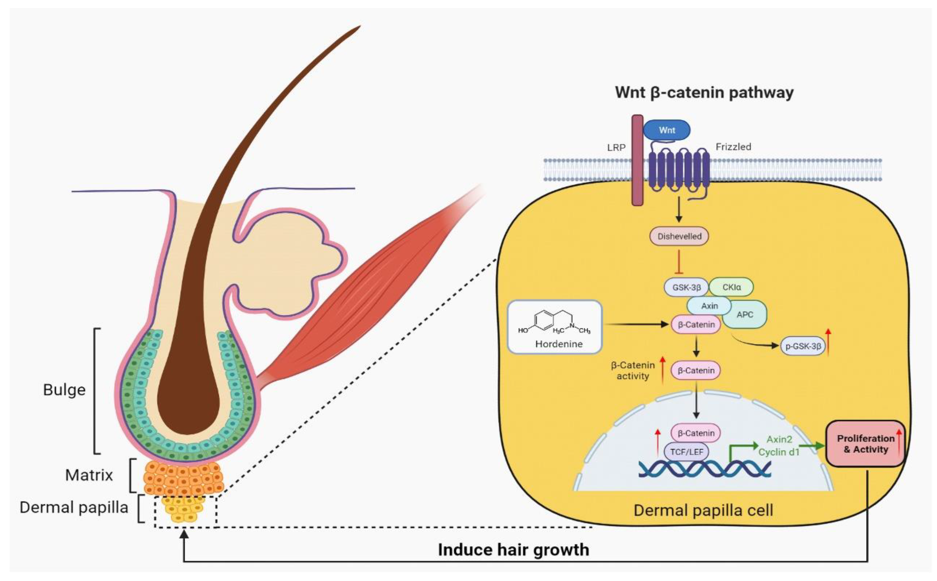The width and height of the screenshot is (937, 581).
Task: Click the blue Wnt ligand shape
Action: pos(667,130)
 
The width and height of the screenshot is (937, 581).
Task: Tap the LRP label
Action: pos(616,147)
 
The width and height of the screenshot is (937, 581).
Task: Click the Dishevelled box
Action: pos(679,236)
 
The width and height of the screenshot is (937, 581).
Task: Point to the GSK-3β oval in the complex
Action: pos(686,287)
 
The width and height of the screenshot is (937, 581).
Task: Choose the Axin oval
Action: pos(709,306)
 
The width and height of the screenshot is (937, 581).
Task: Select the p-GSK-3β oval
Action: pos(803,346)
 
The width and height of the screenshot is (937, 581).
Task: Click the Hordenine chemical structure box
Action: pos(555,327)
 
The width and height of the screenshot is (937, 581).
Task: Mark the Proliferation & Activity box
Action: pos(865,444)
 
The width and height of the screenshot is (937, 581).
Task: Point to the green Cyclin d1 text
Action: pos(779,452)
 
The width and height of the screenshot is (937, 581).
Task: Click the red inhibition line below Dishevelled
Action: pos(679,262)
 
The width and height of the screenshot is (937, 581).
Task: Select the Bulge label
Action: pos(64,390)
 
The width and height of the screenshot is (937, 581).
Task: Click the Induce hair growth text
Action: pos(513,550)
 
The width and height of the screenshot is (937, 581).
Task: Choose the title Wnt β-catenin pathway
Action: pos(704,93)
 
